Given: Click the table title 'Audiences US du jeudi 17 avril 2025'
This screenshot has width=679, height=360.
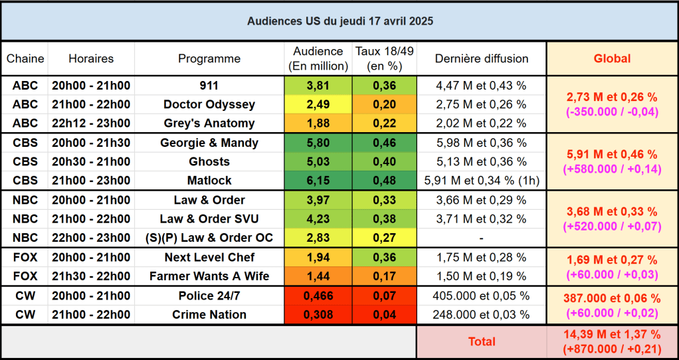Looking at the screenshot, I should tap(339, 21).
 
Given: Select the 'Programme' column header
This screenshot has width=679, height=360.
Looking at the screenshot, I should tap(209, 58).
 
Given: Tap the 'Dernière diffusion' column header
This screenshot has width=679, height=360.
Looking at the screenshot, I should tap(482, 58).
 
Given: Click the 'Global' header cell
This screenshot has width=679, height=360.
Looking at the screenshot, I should tap(612, 58).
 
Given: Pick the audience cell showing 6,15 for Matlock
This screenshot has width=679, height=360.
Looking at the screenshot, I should tap(318, 180).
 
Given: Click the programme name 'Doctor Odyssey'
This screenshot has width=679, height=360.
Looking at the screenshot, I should tap(209, 104).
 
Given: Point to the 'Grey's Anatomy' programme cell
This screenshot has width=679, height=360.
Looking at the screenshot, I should tap(209, 123).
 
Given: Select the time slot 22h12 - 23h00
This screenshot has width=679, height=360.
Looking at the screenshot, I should tap(91, 123).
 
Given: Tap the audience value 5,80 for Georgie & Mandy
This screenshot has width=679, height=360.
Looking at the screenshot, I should tap(318, 143).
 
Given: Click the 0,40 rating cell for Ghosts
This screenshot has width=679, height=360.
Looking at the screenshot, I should tap(384, 161).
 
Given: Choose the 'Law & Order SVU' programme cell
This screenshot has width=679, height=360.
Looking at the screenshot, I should tap(209, 219).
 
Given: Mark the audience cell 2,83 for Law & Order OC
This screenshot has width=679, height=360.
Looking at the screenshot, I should tap(318, 238).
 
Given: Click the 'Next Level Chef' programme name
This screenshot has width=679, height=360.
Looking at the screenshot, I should tap(209, 258).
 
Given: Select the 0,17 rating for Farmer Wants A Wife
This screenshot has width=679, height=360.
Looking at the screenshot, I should tap(384, 276).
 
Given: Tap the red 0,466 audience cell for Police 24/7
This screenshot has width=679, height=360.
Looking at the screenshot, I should tap(318, 296).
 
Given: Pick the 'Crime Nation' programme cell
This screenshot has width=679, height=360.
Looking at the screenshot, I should tap(209, 315).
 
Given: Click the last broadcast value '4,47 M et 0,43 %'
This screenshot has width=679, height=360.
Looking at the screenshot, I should tap(482, 86).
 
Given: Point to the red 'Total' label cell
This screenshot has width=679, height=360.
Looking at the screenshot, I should tap(482, 341).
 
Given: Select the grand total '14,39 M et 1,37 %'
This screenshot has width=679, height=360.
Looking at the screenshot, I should tap(612, 335).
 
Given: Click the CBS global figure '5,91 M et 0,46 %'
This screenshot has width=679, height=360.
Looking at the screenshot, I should tap(612, 154).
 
